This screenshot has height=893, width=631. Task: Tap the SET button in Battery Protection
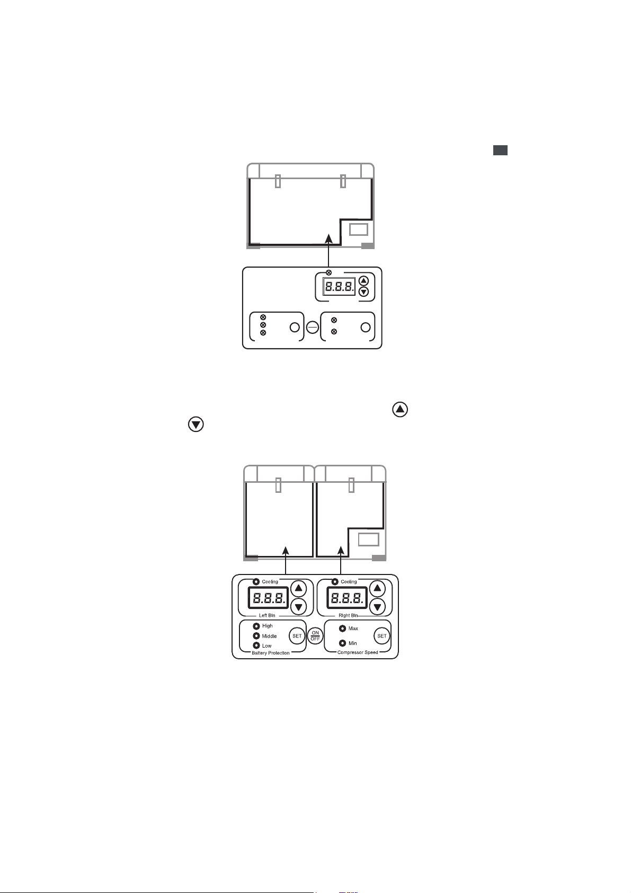297,636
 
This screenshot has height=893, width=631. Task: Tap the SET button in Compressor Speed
382,636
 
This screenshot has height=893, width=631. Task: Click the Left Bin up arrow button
299,588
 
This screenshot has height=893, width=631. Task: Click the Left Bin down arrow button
299,607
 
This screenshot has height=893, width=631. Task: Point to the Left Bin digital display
268,598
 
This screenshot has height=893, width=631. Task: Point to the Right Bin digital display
347,598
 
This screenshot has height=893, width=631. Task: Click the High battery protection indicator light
256,626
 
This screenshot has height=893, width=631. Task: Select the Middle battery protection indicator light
256,636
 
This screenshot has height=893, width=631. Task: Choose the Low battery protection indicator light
256,646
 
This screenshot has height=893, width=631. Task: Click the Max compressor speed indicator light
342,629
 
